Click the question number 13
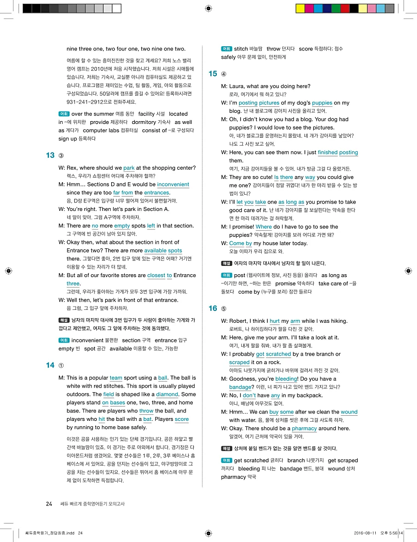click(50, 155)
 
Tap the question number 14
click(50, 365)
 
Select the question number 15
click(213, 74)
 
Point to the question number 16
click(213, 308)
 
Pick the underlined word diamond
click(167, 394)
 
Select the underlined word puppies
click(322, 103)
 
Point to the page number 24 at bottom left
click(49, 504)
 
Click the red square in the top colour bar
click(345, 8)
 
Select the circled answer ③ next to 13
click(61, 156)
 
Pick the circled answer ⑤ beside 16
click(224, 309)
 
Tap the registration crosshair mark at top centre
click(208, 8)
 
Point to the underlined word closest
click(156, 276)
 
